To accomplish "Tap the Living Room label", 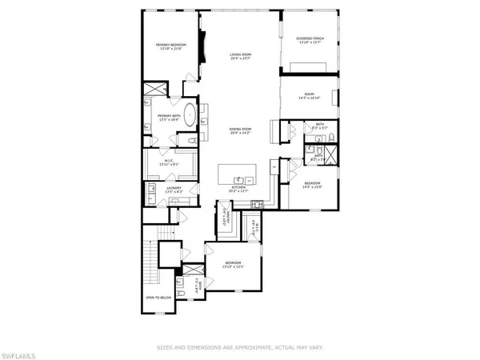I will [x=241, y=54].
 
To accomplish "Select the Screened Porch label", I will [x=310, y=39].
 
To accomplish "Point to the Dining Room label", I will [x=241, y=132].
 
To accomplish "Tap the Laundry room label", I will [x=174, y=190].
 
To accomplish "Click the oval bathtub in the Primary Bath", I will [x=190, y=114].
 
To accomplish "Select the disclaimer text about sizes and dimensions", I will [x=240, y=348].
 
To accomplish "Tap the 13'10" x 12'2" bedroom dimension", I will [x=233, y=266].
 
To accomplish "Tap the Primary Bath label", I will [x=169, y=118].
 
